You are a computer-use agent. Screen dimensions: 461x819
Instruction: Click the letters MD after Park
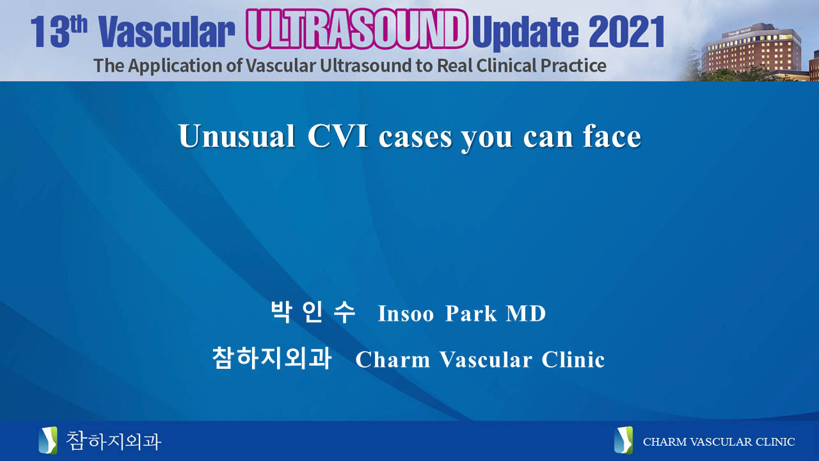pos(526,314)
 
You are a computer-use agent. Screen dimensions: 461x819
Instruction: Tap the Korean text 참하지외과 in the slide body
pos(272,359)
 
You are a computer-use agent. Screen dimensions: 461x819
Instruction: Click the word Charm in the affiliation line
pos(392,360)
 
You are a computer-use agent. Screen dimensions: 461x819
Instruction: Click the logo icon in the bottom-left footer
pos(48,441)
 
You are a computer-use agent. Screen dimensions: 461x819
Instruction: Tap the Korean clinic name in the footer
pos(113,441)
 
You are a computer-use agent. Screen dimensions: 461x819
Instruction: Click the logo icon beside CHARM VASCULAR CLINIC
pos(623,441)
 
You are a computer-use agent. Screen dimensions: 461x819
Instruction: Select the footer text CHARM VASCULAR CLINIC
pos(719,442)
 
